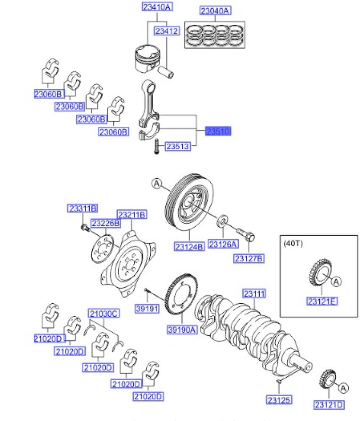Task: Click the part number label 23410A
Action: tap(157, 7)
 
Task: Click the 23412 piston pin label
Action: tap(167, 31)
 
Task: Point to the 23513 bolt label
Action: tap(178, 146)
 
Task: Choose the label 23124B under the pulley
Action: tap(188, 246)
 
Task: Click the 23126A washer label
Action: tap(223, 244)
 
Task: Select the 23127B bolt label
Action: tap(249, 258)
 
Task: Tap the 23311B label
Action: tap(83, 208)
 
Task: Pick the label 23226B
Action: tap(106, 223)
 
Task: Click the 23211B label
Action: tap(132, 215)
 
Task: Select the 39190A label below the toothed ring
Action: tap(182, 330)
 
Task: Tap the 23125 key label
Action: tap(279, 400)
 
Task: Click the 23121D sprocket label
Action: tap(329, 405)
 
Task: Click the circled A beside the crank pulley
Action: tap(156, 183)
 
